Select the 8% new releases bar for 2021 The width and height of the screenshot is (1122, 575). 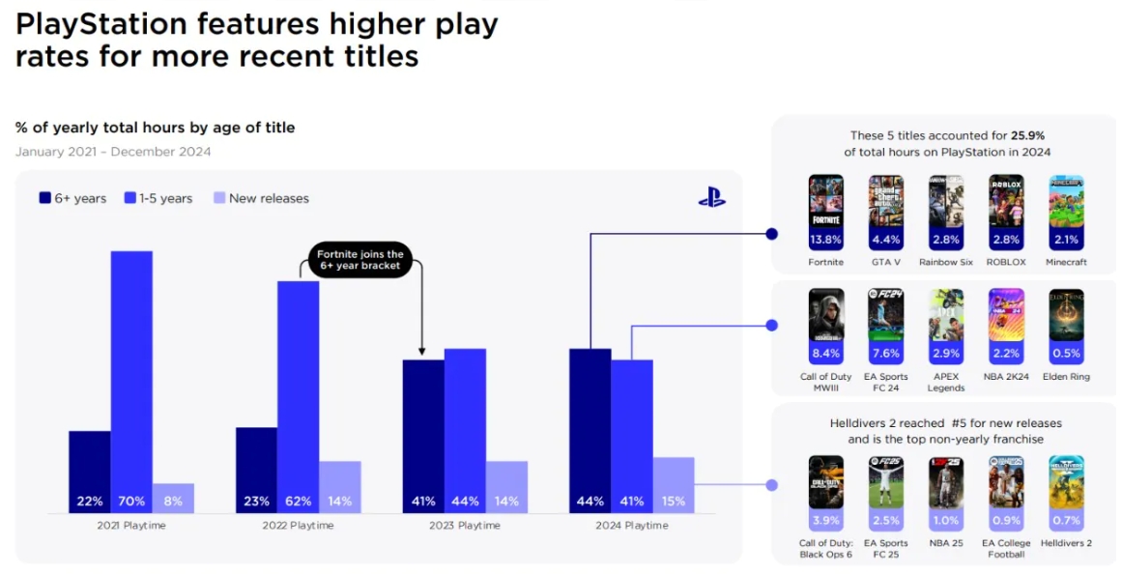pos(173,498)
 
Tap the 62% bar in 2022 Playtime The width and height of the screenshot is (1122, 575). pos(298,396)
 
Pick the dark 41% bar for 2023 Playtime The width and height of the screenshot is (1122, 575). pos(423,436)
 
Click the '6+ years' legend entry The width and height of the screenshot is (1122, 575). pos(73,198)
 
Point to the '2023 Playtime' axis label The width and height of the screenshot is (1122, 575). pos(465,526)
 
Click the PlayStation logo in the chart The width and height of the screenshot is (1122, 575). pos(712,197)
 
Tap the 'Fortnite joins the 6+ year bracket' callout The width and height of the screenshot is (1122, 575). pos(361,259)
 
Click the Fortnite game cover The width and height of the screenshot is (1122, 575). pos(826,201)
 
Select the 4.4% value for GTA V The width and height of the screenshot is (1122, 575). pos(885,238)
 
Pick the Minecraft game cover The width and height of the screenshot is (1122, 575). pos(1066,201)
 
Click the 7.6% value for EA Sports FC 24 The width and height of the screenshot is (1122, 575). pos(885,353)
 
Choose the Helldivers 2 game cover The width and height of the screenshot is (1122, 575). pos(1066,481)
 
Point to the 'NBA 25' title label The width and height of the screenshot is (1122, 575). pos(945,543)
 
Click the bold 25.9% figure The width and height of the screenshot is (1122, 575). pos(1030,136)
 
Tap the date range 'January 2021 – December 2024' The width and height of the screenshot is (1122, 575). pos(113,152)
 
